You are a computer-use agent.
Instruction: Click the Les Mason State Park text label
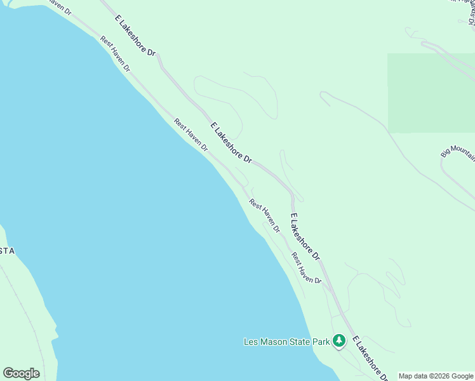[287, 342]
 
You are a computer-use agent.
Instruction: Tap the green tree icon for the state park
[339, 342]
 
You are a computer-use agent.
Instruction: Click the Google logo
[21, 373]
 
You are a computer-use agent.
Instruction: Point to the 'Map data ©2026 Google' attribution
[436, 376]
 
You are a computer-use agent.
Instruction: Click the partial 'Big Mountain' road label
[458, 151]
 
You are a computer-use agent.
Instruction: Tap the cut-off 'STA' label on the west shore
[6, 251]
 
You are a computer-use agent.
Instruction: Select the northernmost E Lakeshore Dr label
[135, 37]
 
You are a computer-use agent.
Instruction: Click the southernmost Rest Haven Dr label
[307, 267]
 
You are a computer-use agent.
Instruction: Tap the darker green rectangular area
[431, 93]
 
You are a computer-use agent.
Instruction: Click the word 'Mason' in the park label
[274, 342]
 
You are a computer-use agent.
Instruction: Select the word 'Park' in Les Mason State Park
[321, 342]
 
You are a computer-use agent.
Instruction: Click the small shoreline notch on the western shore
[56, 333]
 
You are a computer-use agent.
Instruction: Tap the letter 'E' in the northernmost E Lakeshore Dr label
[118, 20]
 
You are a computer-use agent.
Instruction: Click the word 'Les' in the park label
[251, 342]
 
